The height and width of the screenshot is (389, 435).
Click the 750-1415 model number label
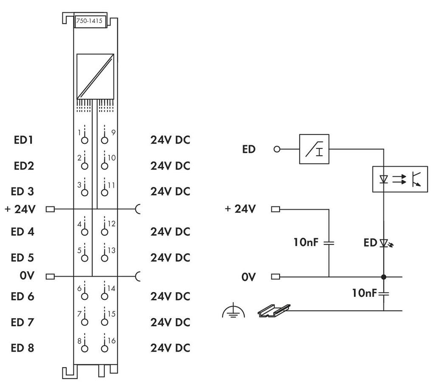90,22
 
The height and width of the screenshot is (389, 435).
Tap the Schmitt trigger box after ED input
314,149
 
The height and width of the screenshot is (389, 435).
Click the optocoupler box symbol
400,179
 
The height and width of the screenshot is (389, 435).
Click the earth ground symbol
234,313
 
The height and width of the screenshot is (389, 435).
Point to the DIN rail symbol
274,311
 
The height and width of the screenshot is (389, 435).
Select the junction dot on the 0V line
384,277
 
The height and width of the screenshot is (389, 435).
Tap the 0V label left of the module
26,276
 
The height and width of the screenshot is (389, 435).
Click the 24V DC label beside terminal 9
170,140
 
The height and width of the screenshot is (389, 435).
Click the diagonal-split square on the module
95,76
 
